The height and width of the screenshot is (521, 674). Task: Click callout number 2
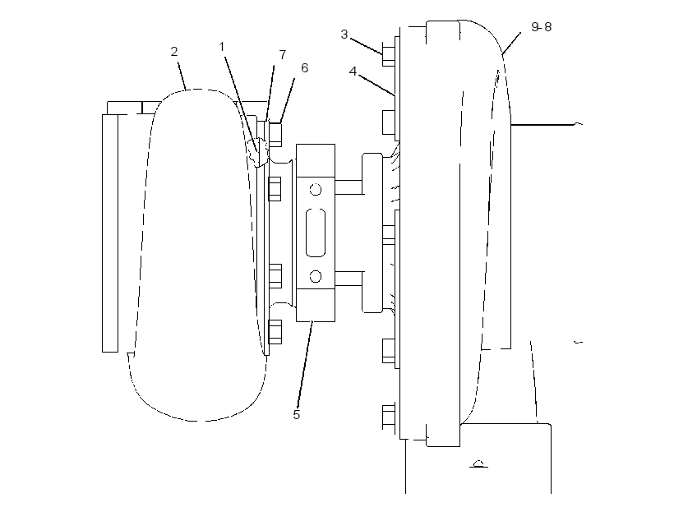click(174, 52)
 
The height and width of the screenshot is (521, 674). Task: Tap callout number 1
click(222, 46)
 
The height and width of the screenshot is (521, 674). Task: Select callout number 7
click(283, 54)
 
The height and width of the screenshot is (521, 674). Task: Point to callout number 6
click(304, 68)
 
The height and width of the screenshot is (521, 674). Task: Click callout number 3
click(344, 35)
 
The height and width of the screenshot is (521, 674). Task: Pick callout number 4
click(353, 71)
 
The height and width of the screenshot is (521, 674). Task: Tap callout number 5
click(297, 415)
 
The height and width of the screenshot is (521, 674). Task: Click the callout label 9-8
click(541, 26)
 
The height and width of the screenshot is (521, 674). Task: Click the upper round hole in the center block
click(316, 190)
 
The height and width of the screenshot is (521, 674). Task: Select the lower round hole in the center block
click(316, 276)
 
